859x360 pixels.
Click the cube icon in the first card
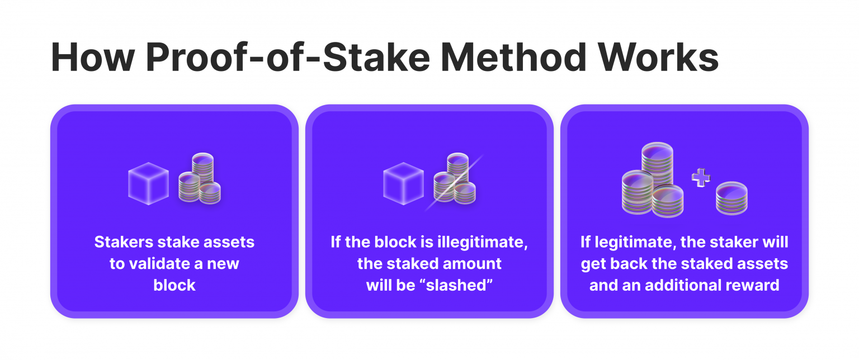pos(148,183)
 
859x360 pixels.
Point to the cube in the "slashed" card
pos(403,183)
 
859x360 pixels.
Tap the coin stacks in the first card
pos(200,179)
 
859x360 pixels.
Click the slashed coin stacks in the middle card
pos(455,179)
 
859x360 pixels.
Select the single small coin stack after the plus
pos(731,197)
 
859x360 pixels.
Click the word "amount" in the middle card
pos(474,263)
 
